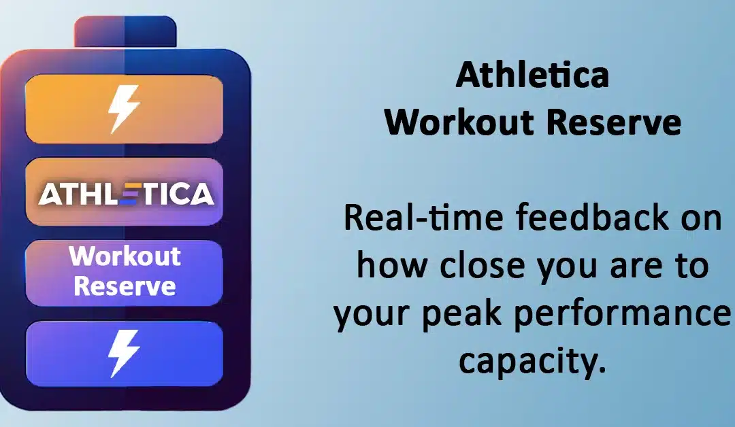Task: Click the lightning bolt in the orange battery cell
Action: click(x=125, y=108)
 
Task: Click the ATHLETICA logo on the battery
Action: click(x=126, y=194)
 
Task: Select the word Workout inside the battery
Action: click(x=125, y=256)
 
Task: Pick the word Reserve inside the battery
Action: click(x=125, y=285)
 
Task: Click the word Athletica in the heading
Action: click(x=532, y=75)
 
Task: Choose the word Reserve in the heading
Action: click(x=615, y=122)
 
